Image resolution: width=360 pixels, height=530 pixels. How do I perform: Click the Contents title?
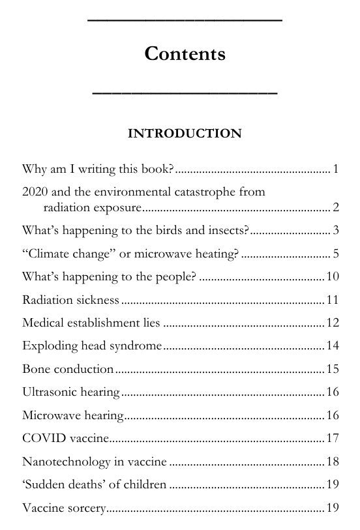click(x=185, y=53)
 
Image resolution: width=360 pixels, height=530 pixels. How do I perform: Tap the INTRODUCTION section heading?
click(x=185, y=134)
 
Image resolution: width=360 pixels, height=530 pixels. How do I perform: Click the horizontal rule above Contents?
click(x=185, y=22)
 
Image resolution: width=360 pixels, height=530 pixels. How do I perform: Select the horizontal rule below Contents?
click(x=185, y=94)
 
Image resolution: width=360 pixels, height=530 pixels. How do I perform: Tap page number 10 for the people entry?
click(x=332, y=276)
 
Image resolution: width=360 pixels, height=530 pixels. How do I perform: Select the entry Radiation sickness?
click(x=70, y=300)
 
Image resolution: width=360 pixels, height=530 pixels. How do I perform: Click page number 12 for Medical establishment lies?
click(x=332, y=323)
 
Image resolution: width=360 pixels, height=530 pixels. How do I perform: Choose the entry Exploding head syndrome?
click(x=91, y=346)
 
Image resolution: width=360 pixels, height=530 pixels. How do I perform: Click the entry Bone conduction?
click(x=68, y=369)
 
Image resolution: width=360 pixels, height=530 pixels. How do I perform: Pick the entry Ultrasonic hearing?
click(x=70, y=392)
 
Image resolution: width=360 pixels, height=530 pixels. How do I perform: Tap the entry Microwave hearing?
click(x=73, y=415)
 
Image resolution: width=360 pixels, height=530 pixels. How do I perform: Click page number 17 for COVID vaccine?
click(x=332, y=438)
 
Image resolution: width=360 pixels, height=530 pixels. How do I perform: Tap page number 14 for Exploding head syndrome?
click(x=332, y=346)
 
